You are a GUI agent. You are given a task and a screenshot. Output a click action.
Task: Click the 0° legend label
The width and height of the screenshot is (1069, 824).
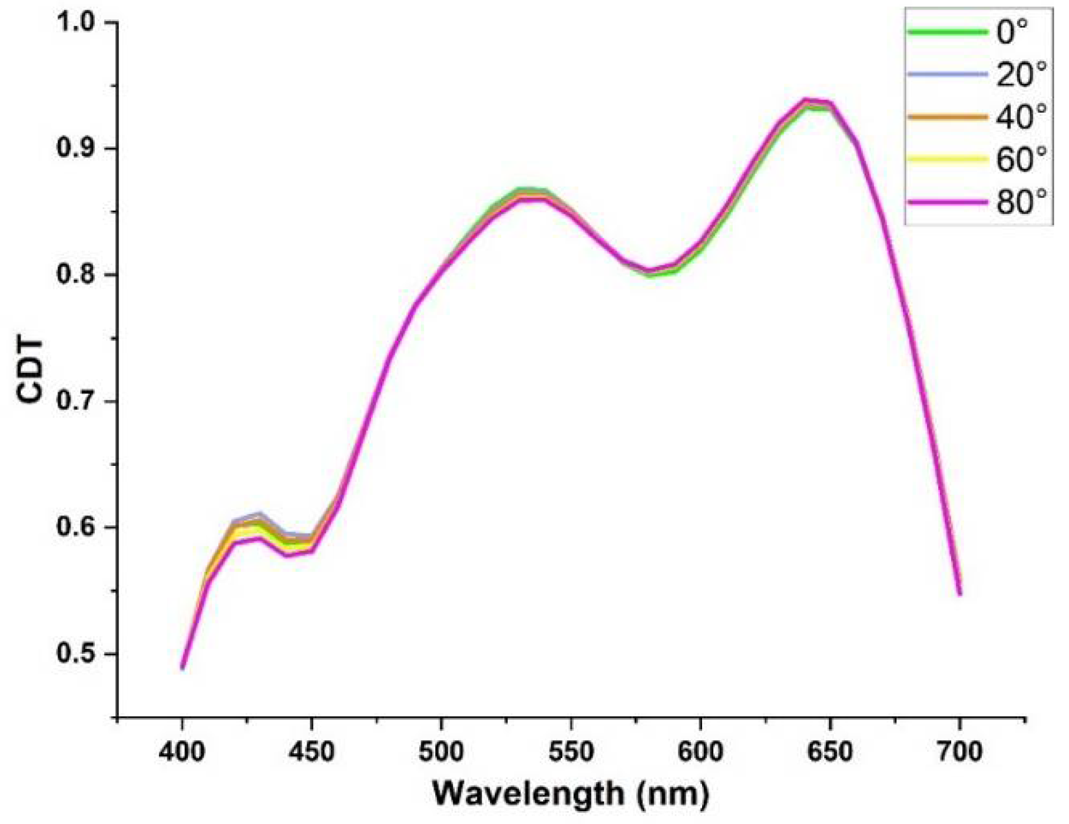1012,32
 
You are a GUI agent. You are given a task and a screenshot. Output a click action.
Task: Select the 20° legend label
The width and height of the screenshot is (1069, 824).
1021,75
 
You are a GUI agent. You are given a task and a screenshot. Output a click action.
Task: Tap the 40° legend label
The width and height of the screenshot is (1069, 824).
1021,117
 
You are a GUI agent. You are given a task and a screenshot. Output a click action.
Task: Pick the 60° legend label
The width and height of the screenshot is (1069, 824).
1021,160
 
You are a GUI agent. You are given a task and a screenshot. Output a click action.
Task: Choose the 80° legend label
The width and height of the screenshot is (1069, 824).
1021,203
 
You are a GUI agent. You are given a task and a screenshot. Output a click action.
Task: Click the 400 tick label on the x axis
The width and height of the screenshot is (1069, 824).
183,752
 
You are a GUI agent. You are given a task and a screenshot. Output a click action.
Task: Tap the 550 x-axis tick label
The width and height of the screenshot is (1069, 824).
571,752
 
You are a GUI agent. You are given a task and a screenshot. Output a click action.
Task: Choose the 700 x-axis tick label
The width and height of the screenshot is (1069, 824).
959,752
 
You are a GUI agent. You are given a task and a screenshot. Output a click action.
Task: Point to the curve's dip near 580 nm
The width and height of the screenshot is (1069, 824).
650,272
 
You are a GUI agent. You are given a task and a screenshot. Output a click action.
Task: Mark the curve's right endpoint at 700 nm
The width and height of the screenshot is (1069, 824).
959,594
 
